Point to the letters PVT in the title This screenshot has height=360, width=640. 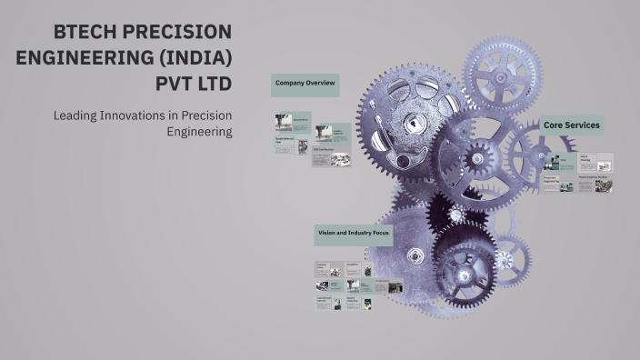(177, 85)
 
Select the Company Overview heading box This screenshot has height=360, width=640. (305, 85)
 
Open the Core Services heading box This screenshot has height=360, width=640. (570, 125)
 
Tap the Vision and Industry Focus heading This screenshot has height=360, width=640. (353, 234)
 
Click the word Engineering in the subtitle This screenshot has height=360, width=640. (200, 131)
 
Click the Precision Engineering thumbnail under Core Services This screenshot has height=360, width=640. (557, 185)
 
